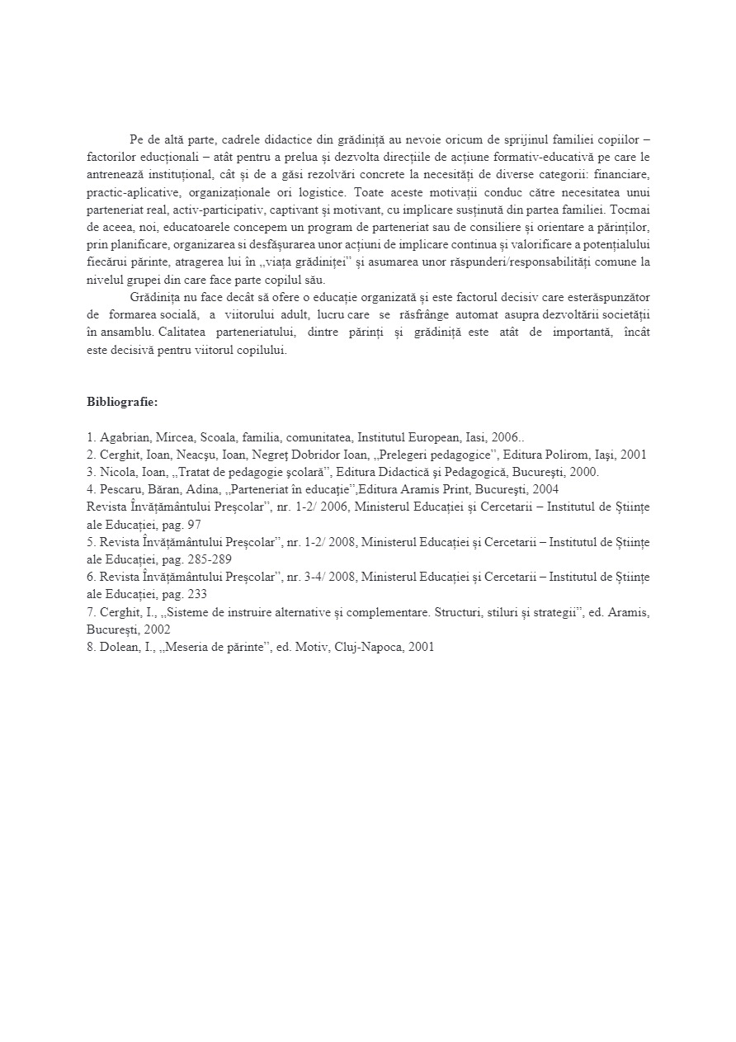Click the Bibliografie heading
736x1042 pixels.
coord(122,403)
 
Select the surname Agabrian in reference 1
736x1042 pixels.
coord(126,437)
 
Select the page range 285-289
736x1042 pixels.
coord(210,559)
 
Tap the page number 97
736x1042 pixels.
coord(192,524)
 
